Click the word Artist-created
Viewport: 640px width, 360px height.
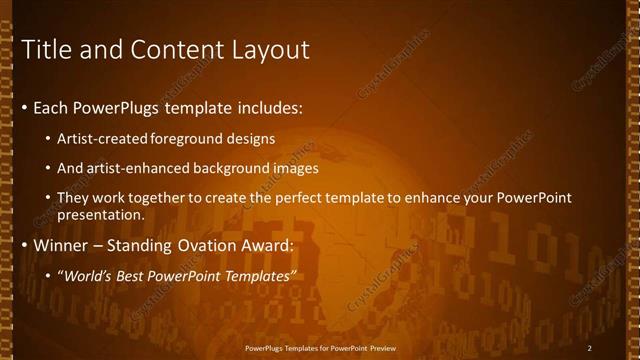click(x=103, y=138)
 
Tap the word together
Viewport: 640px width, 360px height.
click(x=164, y=200)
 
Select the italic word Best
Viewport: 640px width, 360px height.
click(x=135, y=276)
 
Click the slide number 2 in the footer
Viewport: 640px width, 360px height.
click(x=590, y=347)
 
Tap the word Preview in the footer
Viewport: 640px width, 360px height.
click(x=377, y=347)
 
